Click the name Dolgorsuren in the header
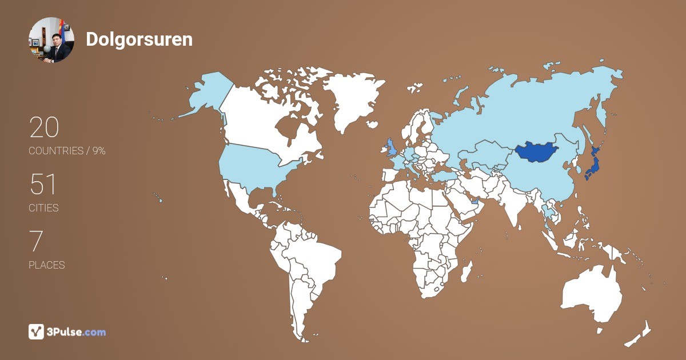139,39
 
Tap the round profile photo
51,39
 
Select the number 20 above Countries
44,127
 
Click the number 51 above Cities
43,184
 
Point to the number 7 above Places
36,241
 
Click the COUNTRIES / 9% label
67,151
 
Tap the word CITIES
43,208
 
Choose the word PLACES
47,265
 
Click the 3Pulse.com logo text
77,331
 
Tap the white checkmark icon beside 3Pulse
37,331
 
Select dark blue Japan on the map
592,166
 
